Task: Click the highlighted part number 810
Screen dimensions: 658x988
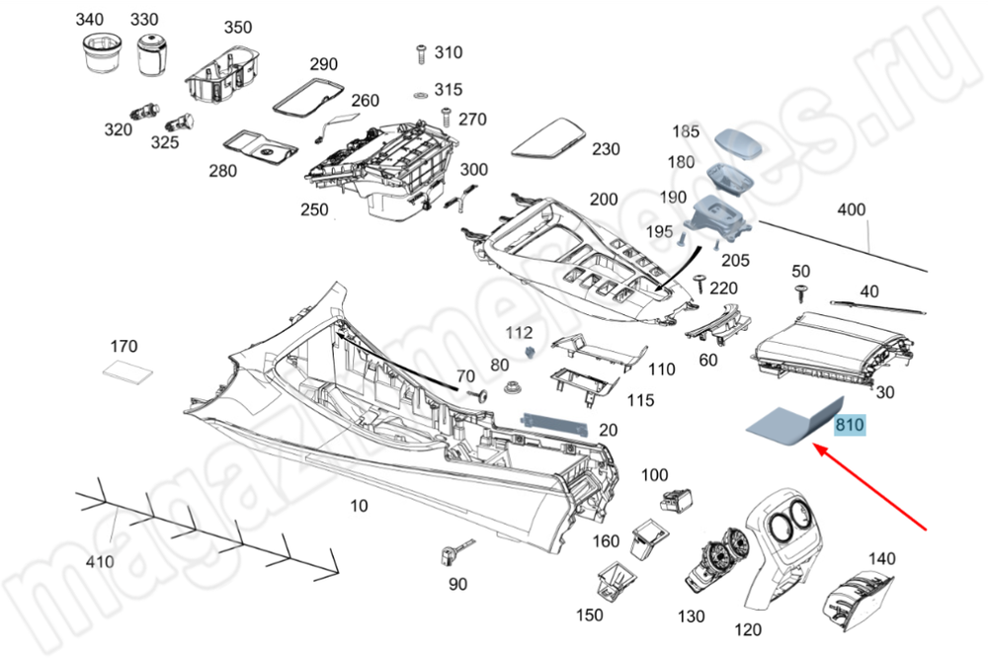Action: pos(850,426)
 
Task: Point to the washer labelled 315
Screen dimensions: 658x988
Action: pos(419,94)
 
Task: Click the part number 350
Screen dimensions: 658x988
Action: pos(237,27)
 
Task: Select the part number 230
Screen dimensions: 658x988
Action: pos(606,149)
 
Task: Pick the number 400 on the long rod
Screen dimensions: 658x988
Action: pos(851,209)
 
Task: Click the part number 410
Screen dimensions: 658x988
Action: pos(99,562)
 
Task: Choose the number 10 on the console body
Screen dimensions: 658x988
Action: pos(359,506)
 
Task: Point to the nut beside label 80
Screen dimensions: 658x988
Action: pos(513,386)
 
